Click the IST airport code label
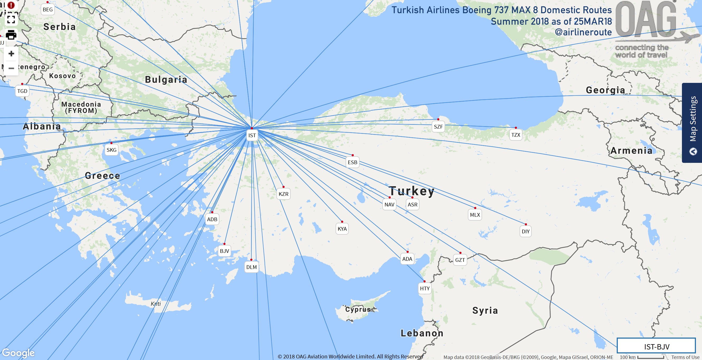coord(252,135)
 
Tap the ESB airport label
coord(352,162)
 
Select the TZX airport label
coord(516,135)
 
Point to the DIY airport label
coord(525,232)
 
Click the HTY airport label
coord(425,288)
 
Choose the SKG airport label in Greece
coord(111,150)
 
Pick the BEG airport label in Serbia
coord(48,10)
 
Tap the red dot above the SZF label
coord(438,119)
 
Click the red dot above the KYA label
coord(342,222)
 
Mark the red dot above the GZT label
coord(460,253)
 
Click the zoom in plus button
coord(11,53)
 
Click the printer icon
coord(11,35)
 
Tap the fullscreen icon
coord(11,19)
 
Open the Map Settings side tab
coord(692,123)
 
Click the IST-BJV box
coord(656,346)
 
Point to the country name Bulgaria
coord(166,80)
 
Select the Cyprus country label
coord(358,310)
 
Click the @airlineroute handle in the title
coord(583,32)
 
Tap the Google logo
coord(18,353)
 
